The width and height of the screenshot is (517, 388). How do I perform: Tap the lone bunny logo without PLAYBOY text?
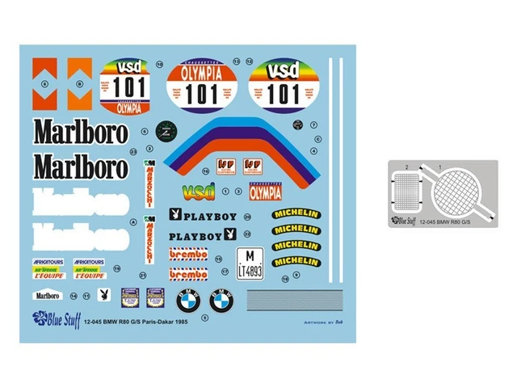pyautogui.click(x=103, y=294)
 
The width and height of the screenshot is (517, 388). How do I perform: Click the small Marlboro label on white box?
pyautogui.click(x=47, y=295)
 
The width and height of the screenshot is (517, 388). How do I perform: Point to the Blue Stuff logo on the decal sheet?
pyautogui.click(x=56, y=317)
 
